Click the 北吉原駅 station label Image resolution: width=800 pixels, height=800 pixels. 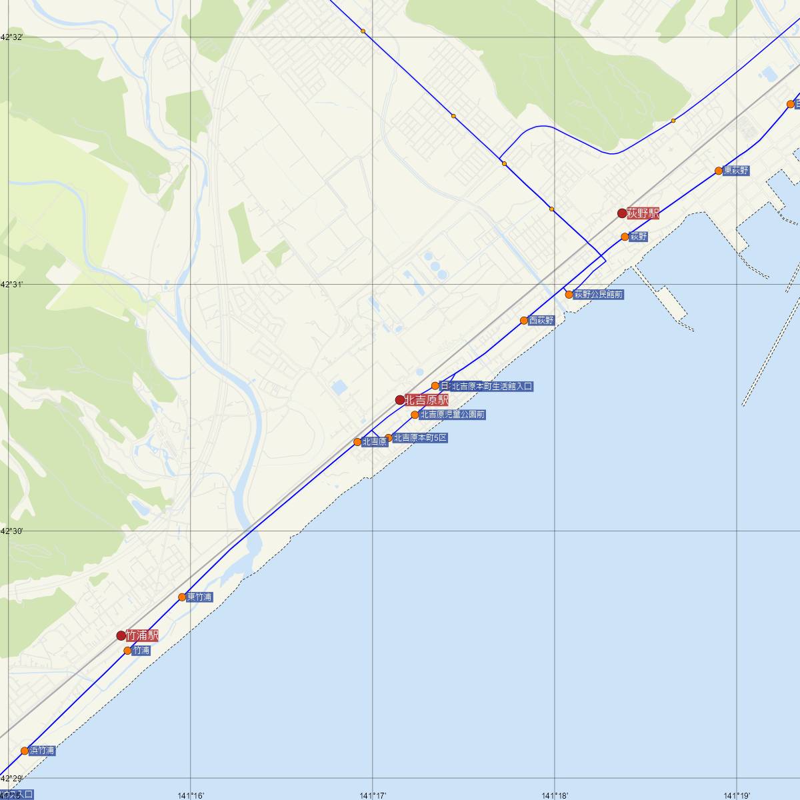[x=426, y=400]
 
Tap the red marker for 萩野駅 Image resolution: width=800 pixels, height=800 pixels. [x=622, y=213]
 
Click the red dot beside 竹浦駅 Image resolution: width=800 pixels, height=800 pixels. [x=121, y=635]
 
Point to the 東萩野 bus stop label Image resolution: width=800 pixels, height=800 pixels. [x=735, y=171]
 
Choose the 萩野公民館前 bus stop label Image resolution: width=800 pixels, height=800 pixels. [x=599, y=294]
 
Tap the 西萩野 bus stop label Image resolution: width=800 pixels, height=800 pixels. [x=541, y=321]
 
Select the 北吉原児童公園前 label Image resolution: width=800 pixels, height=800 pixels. [x=452, y=415]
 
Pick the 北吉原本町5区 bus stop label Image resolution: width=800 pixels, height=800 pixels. [x=420, y=438]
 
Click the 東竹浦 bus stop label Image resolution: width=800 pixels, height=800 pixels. [x=199, y=597]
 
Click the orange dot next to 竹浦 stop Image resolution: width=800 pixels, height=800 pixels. [x=127, y=651]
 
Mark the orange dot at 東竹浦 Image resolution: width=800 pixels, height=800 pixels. [x=182, y=597]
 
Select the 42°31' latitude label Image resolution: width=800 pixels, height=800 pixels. [x=12, y=285]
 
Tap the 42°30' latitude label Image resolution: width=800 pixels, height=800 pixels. [x=12, y=531]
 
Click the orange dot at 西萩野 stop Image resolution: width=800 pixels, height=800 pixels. [x=524, y=321]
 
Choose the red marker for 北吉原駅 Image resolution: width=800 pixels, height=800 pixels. [x=400, y=400]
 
